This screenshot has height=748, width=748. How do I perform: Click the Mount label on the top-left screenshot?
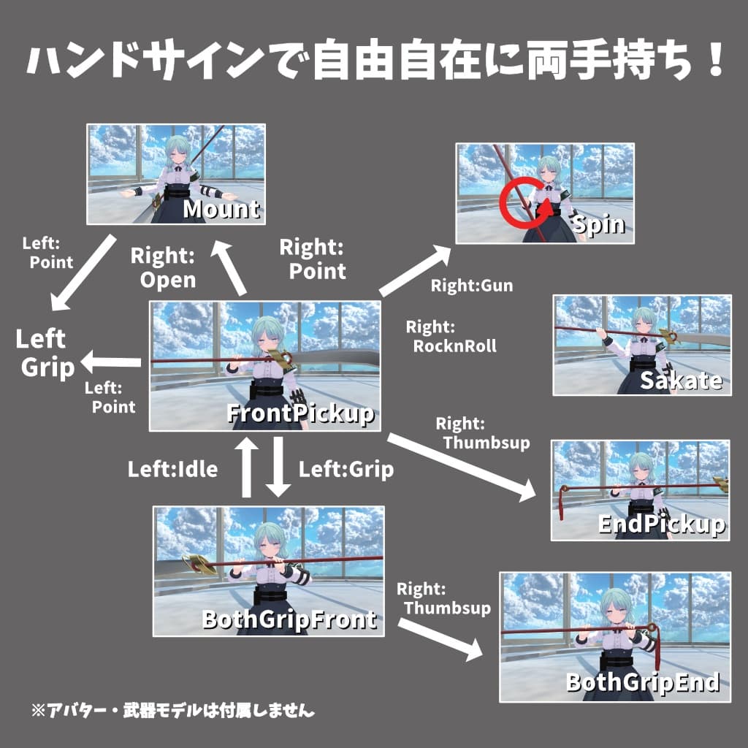(221, 210)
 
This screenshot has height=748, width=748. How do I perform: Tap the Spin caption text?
(599, 224)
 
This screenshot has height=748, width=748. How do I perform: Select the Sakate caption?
(681, 380)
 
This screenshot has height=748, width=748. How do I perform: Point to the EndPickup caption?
(661, 524)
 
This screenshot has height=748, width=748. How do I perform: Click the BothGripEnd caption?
(643, 683)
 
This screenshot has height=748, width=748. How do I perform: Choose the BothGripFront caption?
(289, 619)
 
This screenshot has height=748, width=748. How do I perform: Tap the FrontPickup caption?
(300, 413)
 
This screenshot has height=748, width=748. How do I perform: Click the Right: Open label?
(163, 267)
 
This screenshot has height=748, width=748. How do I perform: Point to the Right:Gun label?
(472, 286)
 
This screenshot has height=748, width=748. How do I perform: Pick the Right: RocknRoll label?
(451, 336)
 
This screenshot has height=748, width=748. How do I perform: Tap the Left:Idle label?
(172, 469)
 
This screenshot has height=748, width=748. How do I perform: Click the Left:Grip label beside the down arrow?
(346, 469)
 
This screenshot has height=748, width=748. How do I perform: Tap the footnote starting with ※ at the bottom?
(172, 709)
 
